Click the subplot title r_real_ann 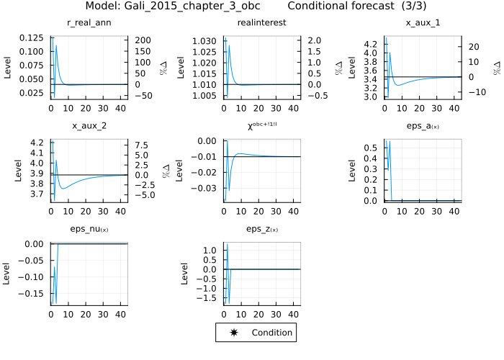point(89,23)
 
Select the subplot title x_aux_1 point(423,23)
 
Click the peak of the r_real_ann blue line point(55,46)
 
